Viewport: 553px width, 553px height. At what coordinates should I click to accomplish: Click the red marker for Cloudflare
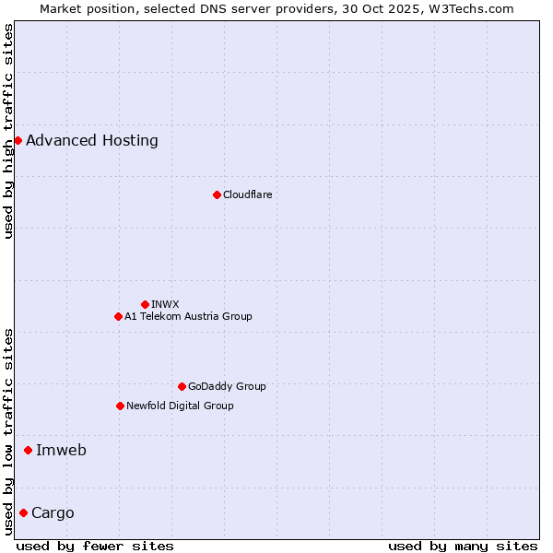[x=217, y=194]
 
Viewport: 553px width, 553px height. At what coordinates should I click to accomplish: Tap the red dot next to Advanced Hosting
[x=18, y=140]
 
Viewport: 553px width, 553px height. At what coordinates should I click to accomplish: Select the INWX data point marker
[x=145, y=304]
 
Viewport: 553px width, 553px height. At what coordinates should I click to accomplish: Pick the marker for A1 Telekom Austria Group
[x=118, y=316]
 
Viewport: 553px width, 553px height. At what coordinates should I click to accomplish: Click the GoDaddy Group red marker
[x=182, y=386]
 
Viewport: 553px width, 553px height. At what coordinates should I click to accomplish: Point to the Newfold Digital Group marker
[x=120, y=406]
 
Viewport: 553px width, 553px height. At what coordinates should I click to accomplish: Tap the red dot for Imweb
[x=28, y=450]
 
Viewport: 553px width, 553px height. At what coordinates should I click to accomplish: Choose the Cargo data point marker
[x=23, y=512]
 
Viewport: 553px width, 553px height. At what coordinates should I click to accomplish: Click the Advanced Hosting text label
[x=92, y=141]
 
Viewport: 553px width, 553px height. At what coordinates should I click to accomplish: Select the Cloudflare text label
[x=247, y=194]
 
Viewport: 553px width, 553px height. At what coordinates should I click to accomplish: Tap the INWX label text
[x=165, y=304]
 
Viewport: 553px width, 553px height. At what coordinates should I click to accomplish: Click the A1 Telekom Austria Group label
[x=188, y=316]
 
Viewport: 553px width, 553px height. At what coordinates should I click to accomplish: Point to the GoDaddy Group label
[x=227, y=386]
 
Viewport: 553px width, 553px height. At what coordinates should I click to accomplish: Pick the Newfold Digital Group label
[x=180, y=406]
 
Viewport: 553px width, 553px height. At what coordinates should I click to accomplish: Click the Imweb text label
[x=61, y=451]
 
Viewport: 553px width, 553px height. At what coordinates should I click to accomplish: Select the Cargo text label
[x=53, y=513]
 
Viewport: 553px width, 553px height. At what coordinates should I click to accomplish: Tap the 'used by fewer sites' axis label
[x=95, y=546]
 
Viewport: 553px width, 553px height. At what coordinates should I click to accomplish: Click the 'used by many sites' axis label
[x=463, y=546]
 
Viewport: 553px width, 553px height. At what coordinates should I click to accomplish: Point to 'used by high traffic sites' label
[x=8, y=131]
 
